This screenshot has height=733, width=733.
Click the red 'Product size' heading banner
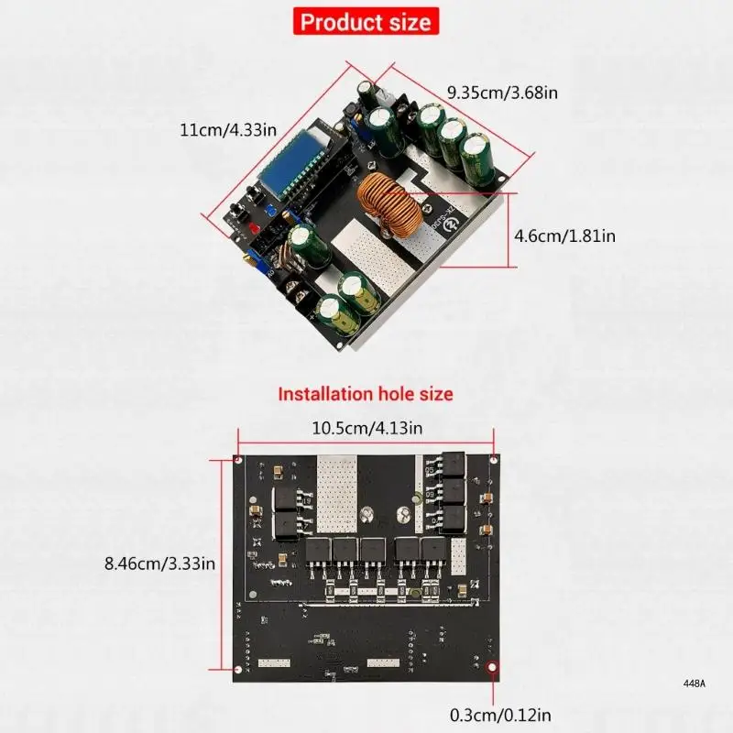point(366,21)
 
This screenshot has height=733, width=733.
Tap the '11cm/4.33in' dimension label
point(227,129)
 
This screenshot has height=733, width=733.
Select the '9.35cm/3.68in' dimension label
point(502,92)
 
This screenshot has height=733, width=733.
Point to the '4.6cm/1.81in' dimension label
point(563,235)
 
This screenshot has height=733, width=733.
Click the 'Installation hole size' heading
point(366,395)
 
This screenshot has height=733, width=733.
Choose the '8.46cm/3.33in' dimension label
point(159,563)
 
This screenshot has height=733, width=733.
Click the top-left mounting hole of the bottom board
point(237,459)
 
